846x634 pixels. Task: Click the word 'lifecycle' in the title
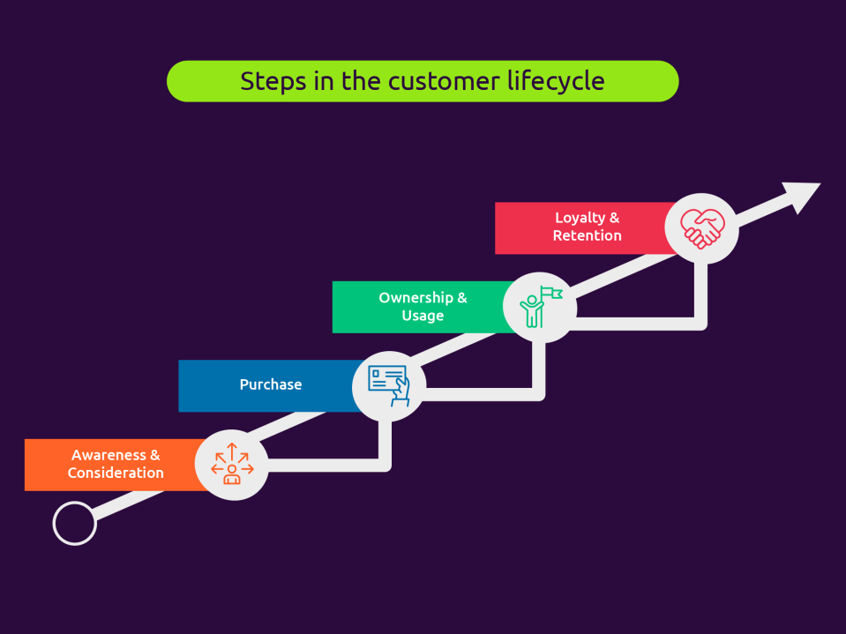click(556, 81)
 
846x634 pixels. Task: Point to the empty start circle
click(74, 523)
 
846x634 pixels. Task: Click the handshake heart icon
click(702, 228)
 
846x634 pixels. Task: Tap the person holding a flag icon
click(539, 306)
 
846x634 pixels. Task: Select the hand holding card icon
click(390, 385)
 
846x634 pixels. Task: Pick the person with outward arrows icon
click(232, 465)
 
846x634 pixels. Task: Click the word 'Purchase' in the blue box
click(271, 384)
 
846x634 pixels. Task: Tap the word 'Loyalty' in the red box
click(580, 218)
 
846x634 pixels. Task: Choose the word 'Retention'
click(587, 235)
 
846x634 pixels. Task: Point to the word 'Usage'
click(423, 316)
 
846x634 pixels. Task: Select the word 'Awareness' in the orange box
click(109, 456)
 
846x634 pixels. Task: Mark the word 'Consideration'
click(116, 474)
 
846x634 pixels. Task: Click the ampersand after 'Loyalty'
click(614, 218)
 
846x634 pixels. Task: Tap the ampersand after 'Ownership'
click(462, 298)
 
